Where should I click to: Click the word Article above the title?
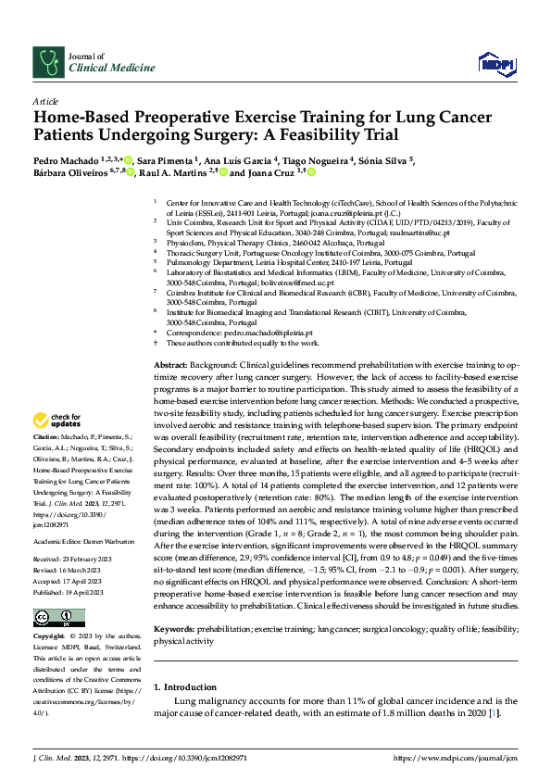tap(45, 101)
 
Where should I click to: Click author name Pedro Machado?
tap(66, 160)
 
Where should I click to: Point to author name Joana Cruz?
tap(275, 173)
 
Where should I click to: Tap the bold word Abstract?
tap(172, 367)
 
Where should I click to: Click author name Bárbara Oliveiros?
tap(78, 173)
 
